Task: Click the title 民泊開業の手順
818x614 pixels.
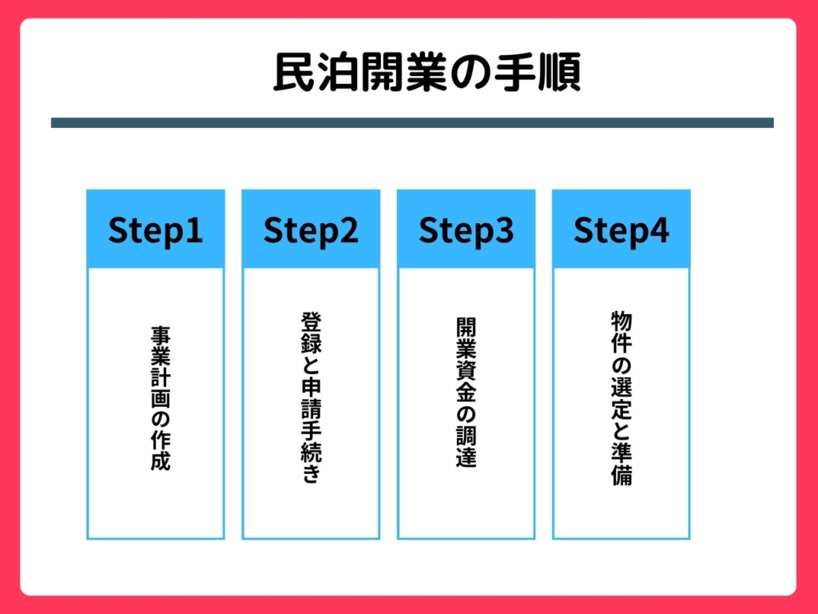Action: [427, 73]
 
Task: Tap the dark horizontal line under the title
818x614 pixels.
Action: [412, 122]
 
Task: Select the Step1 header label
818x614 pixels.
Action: [156, 231]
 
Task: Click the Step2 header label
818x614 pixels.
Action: [311, 231]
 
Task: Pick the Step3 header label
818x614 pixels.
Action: [466, 231]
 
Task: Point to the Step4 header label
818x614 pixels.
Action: [621, 231]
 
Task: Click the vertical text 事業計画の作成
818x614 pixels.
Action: [161, 398]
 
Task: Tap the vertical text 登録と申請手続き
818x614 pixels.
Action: [311, 397]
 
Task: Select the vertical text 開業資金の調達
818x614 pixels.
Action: [466, 392]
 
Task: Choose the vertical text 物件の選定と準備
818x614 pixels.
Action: [621, 398]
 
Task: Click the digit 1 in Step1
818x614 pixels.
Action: [194, 230]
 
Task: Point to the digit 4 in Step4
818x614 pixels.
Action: [659, 230]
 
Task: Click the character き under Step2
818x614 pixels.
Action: [311, 473]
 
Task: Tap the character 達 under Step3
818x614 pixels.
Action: [466, 457]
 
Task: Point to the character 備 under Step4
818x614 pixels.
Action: [621, 476]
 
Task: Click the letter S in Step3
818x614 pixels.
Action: [428, 230]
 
